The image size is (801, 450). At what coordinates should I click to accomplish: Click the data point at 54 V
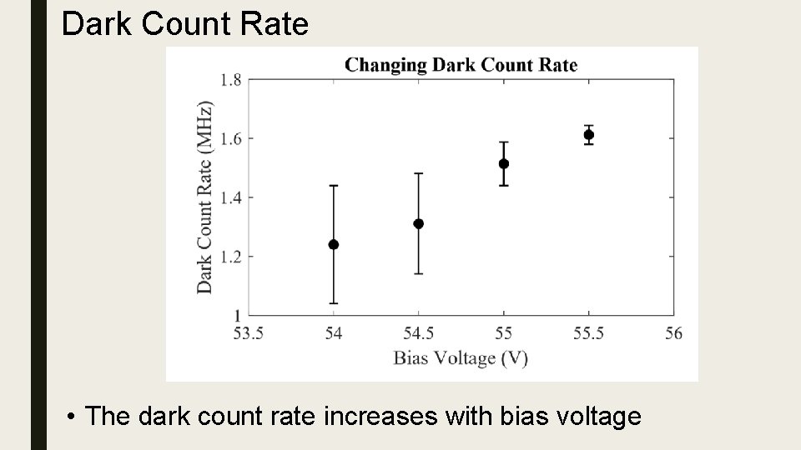(x=334, y=244)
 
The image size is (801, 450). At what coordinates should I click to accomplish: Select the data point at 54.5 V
(x=419, y=223)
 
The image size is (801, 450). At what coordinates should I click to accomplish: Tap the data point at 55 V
(x=504, y=163)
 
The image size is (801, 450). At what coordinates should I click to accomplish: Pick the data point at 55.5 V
(x=589, y=134)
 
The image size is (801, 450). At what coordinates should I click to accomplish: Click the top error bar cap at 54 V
(x=334, y=186)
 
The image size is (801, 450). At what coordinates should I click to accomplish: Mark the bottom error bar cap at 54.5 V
(x=419, y=273)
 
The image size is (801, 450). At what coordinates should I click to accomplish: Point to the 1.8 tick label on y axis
(x=231, y=80)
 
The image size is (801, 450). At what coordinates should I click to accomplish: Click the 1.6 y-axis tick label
(x=231, y=138)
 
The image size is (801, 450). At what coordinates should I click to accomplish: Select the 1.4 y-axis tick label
(x=231, y=197)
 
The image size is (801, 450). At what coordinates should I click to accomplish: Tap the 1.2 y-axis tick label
(x=231, y=257)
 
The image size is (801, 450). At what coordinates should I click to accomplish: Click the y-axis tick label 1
(x=237, y=315)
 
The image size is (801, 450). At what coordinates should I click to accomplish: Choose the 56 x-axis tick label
(x=674, y=333)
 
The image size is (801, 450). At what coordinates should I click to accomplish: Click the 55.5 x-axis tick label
(x=589, y=333)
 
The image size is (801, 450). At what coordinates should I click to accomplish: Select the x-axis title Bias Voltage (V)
(x=461, y=358)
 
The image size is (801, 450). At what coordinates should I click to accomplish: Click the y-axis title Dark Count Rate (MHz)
(x=204, y=197)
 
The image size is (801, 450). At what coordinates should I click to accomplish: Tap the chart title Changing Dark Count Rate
(x=461, y=64)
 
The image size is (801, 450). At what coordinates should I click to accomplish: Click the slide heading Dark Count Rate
(x=185, y=24)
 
